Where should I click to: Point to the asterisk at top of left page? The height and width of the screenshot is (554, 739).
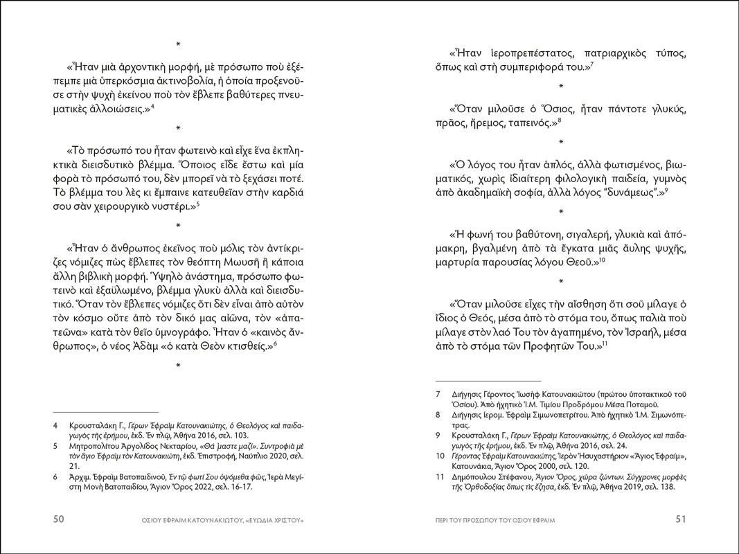(179, 45)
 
